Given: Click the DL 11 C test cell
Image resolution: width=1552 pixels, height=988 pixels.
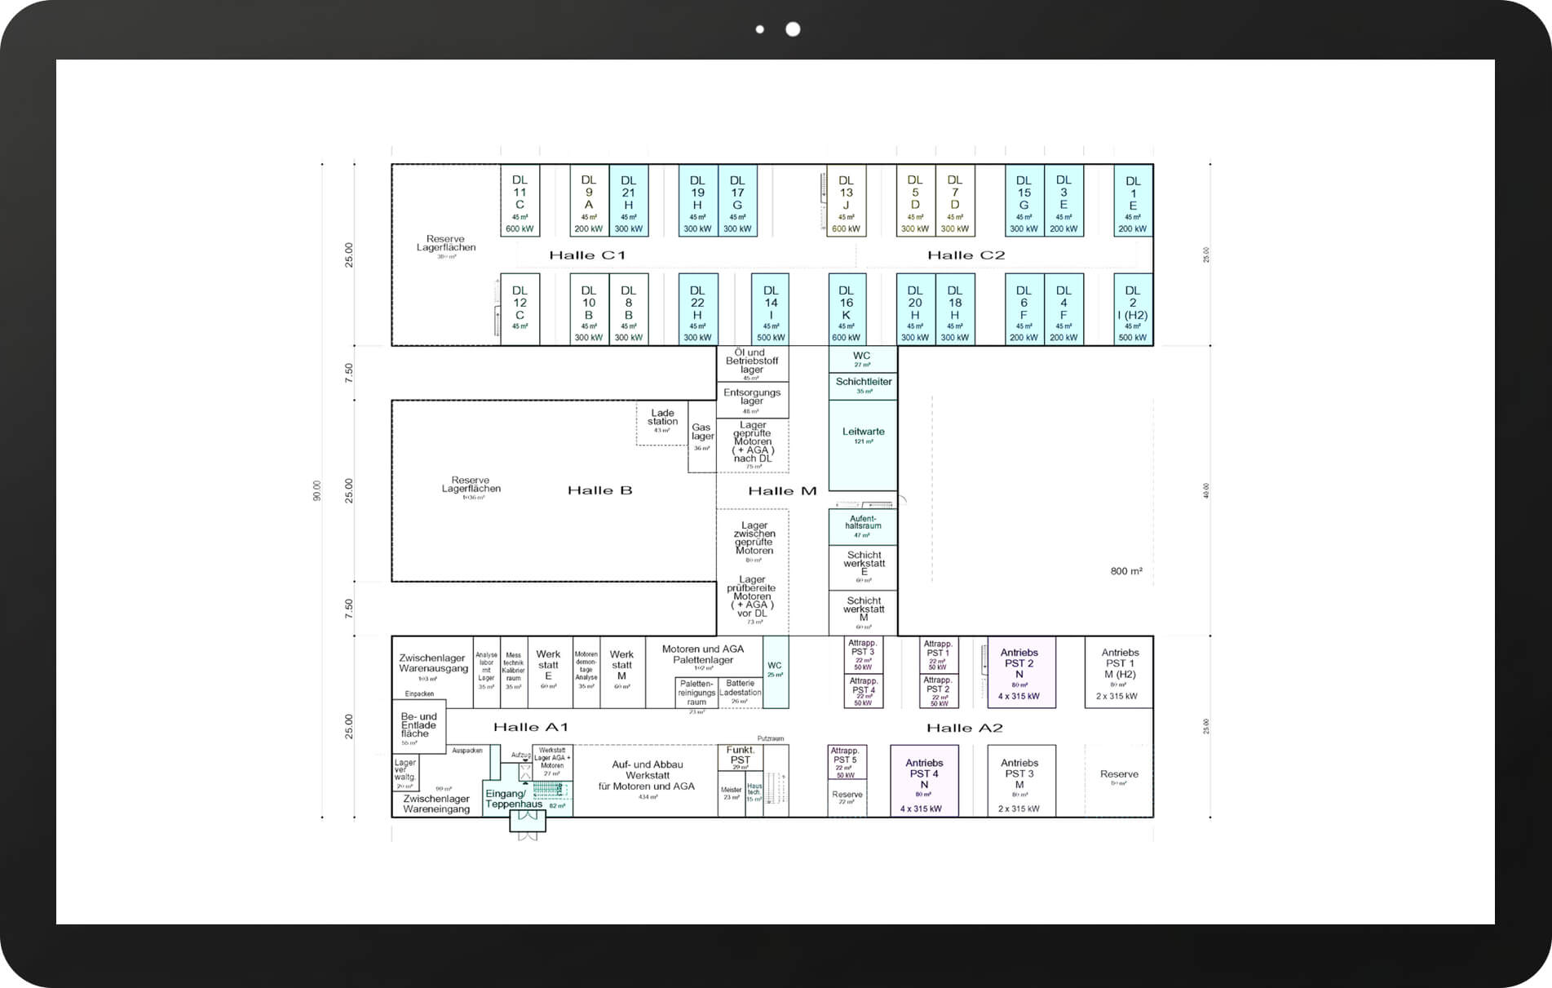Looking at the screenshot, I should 520,201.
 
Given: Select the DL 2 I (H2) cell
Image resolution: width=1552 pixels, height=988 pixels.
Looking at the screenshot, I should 1133,309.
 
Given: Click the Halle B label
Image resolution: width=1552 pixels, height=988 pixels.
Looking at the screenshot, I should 599,490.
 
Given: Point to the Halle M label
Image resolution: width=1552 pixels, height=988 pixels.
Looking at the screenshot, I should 782,490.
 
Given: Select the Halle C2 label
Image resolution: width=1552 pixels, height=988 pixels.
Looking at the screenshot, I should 966,255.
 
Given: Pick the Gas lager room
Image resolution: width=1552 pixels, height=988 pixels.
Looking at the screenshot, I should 701,436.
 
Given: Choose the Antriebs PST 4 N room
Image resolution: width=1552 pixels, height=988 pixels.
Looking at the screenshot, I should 924,780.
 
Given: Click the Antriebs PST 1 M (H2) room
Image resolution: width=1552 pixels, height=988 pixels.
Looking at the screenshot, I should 1119,671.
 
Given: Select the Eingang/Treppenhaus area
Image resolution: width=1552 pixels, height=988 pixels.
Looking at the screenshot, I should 514,799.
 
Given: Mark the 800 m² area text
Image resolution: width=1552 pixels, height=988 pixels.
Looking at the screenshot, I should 1125,571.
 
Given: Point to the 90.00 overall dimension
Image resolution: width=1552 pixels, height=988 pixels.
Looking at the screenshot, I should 316,490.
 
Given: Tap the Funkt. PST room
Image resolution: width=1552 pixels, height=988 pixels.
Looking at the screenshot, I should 740,757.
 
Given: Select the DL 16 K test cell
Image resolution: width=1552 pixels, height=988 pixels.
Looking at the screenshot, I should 847,309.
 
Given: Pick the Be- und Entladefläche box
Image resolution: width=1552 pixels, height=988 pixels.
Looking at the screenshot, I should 418,726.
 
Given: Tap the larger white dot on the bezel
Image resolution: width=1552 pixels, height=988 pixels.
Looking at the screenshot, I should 793,29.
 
